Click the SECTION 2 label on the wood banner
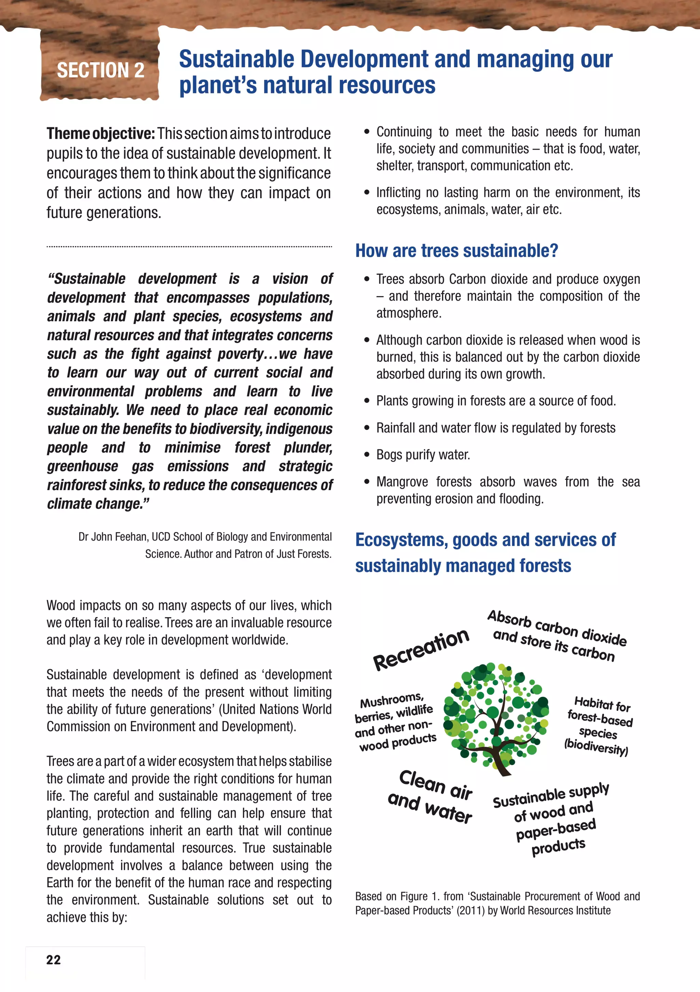coord(100,70)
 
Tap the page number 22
coord(54,960)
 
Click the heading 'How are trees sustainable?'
coord(456,251)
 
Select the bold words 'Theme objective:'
coord(100,134)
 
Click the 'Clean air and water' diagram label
coord(430,796)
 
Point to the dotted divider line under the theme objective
coord(189,247)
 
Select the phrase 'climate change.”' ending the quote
coord(98,504)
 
